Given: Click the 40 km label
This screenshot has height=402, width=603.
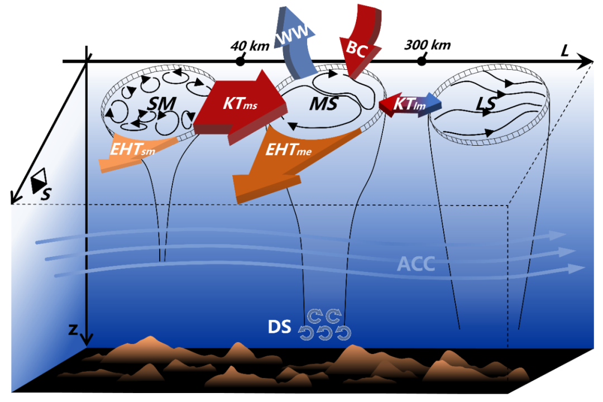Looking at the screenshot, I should pyautogui.click(x=250, y=45).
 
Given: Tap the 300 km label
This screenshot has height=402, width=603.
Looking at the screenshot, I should pyautogui.click(x=428, y=45).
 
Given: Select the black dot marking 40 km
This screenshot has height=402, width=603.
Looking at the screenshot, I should pyautogui.click(x=241, y=61).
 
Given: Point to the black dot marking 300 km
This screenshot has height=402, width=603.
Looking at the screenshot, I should pyautogui.click(x=422, y=61).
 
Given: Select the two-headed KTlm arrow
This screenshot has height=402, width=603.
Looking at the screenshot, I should pyautogui.click(x=410, y=104).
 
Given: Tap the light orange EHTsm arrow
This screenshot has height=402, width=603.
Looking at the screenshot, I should pyautogui.click(x=134, y=150).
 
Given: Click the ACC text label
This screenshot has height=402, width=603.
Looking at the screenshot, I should pyautogui.click(x=415, y=264).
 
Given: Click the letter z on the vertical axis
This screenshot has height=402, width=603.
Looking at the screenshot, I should pyautogui.click(x=73, y=329).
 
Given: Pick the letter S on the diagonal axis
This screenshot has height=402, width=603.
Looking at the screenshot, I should pyautogui.click(x=44, y=194).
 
